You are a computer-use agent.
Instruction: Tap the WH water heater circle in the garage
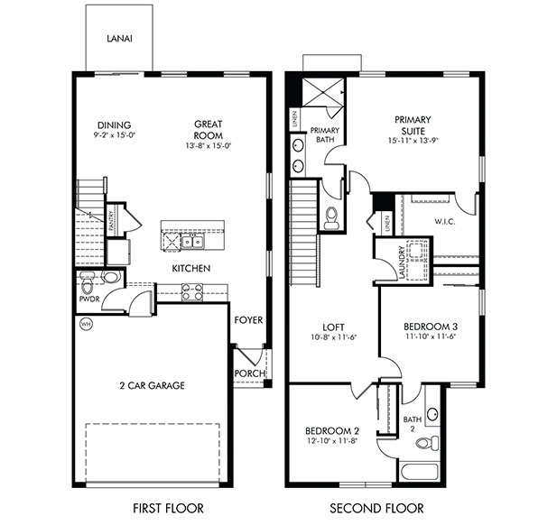pyautogui.click(x=87, y=323)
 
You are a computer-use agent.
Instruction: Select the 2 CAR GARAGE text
pyautogui.click(x=152, y=385)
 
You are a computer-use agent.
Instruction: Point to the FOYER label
pyautogui.click(x=248, y=320)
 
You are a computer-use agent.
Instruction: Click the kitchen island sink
pyautogui.click(x=191, y=242)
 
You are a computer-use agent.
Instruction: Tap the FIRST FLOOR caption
pyautogui.click(x=168, y=508)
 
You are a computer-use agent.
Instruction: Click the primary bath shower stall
pyautogui.click(x=321, y=92)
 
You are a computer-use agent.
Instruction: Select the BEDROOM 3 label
pyautogui.click(x=424, y=326)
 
